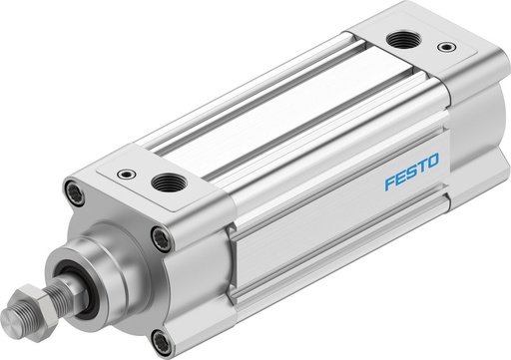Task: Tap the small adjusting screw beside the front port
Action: [124, 174]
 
